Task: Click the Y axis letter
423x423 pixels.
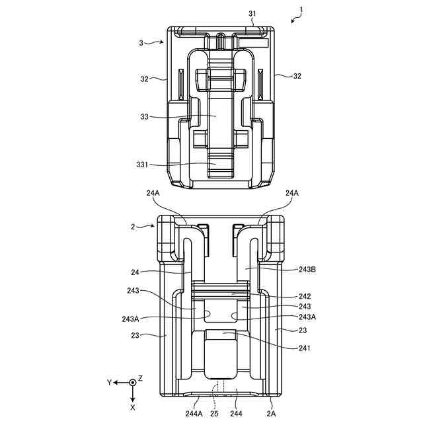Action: pos(108,382)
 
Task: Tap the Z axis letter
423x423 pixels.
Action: pos(141,377)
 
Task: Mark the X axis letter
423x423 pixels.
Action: pos(133,408)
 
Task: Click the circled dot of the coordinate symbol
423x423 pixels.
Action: pos(133,382)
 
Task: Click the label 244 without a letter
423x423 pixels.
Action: pos(236,414)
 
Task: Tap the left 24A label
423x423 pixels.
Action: pos(153,193)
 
